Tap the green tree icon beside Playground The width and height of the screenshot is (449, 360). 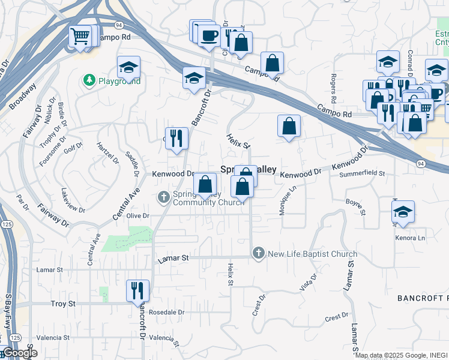(x=89, y=80)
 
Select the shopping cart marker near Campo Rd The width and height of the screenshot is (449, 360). (x=79, y=37)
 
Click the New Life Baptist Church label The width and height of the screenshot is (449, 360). (x=312, y=254)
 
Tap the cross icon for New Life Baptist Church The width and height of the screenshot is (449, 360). (x=259, y=253)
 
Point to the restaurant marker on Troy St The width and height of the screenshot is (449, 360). (x=137, y=291)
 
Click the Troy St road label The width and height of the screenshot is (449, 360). (x=63, y=304)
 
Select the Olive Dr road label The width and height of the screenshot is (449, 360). (x=137, y=216)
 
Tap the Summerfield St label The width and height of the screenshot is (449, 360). (x=361, y=174)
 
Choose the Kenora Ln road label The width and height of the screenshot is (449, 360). (x=410, y=238)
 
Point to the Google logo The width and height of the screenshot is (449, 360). (x=19, y=353)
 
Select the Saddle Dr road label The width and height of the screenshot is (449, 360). (x=131, y=160)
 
